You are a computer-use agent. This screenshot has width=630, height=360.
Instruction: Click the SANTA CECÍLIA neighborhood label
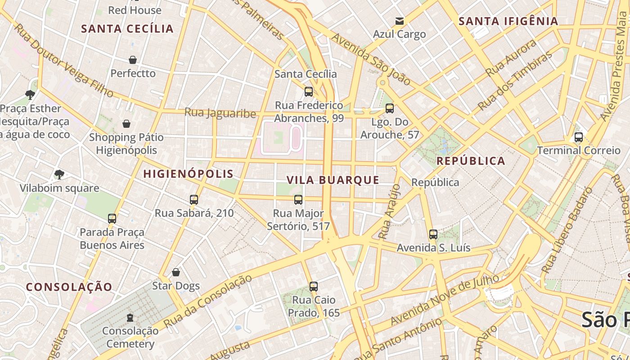pos(127,29)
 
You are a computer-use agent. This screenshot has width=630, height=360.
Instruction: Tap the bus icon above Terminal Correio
pos(579,137)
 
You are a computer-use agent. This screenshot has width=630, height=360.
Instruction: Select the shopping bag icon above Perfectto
pos(133,60)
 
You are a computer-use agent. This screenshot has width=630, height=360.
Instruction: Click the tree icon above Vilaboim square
pos(59,175)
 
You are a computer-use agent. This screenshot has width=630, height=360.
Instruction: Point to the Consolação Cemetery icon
pos(130,318)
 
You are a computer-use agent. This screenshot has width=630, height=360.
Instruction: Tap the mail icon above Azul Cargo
pos(399,21)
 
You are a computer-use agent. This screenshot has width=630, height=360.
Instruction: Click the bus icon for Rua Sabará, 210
pos(194,200)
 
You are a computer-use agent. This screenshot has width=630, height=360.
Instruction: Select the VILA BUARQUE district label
pos(333,180)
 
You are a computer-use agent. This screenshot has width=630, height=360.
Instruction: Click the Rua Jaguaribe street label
pos(220,112)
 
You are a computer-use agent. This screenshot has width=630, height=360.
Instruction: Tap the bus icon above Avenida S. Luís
pos(433,234)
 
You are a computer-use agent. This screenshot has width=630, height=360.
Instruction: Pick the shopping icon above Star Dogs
pos(176,272)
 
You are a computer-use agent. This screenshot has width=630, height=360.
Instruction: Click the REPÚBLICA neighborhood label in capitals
pos(471,161)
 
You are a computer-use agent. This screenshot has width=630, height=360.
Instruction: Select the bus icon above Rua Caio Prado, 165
pos(314,287)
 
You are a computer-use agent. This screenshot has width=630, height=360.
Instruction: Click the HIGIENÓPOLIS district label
pos(189,174)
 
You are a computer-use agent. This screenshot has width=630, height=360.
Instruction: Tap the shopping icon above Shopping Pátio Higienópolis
pos(126,124)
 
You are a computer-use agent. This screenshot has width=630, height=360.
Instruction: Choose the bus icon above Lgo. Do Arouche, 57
pos(390,108)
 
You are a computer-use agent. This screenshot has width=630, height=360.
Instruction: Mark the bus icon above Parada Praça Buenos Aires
pos(112,219)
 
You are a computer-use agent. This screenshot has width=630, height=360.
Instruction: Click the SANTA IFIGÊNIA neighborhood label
pos(508,21)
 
